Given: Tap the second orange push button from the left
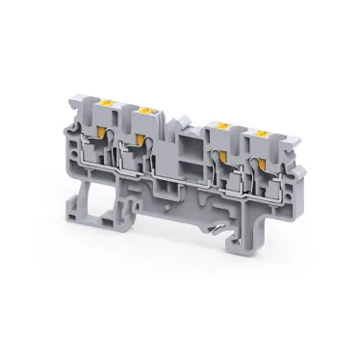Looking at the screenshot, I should [x=146, y=113].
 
